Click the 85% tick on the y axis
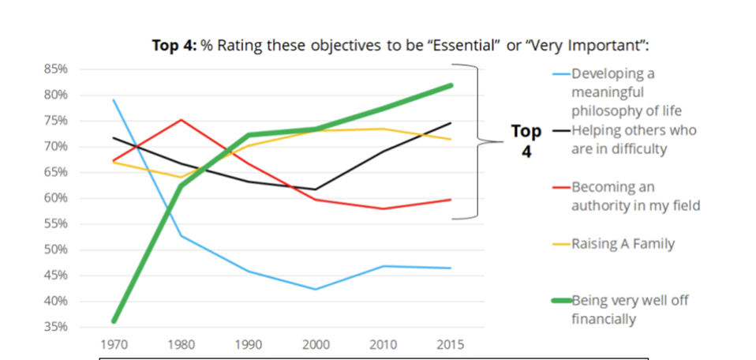56,69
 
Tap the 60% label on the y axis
56,198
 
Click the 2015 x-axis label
451,345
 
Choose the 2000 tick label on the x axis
316,345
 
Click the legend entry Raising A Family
623,244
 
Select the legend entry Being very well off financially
624,309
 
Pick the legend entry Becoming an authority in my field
624,197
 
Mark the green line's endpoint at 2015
451,84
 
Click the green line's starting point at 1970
114,321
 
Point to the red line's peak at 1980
181,120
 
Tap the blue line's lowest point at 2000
316,289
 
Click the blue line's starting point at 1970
114,99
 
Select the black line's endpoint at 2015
451,122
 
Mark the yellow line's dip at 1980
181,177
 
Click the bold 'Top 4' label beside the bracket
526,140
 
